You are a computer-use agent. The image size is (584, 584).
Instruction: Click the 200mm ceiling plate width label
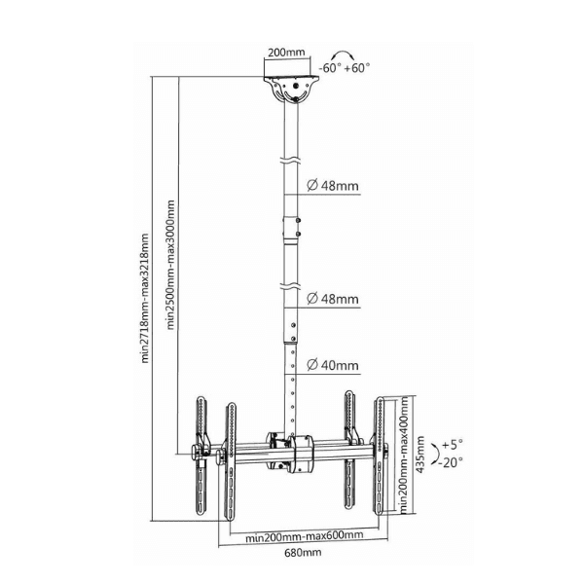[286, 53]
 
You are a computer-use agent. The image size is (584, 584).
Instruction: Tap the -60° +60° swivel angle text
[345, 68]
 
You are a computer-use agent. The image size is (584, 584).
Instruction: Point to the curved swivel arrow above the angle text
[345, 54]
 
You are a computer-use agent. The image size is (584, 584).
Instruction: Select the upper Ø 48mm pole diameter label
[333, 185]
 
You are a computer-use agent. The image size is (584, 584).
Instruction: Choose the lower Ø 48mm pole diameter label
[333, 299]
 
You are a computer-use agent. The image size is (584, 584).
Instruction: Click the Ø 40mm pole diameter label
[333, 365]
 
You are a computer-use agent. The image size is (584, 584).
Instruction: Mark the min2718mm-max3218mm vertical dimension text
[145, 298]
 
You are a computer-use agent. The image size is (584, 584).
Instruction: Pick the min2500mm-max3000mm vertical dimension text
[170, 265]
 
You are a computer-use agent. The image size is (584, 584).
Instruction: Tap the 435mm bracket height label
[420, 455]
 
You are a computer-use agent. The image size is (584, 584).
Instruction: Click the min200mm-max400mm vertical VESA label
[404, 456]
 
